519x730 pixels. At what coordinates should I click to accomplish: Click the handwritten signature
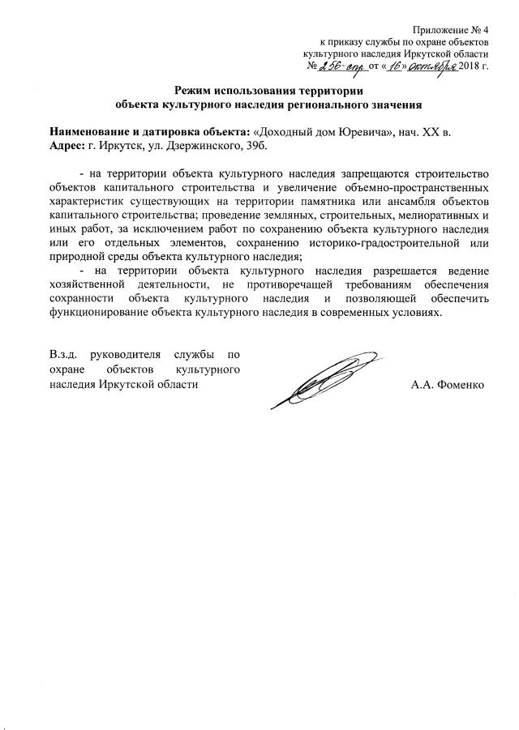tap(324, 377)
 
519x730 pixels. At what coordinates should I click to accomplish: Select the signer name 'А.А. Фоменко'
tap(447, 384)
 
